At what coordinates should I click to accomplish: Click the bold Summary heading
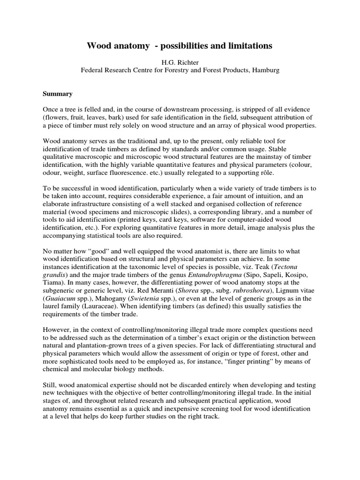58,94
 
